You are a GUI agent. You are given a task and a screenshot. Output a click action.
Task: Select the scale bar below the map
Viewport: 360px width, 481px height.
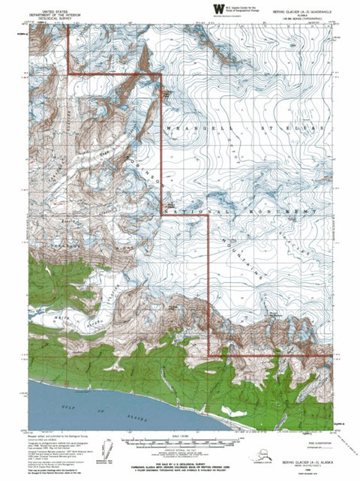click(178, 439)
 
